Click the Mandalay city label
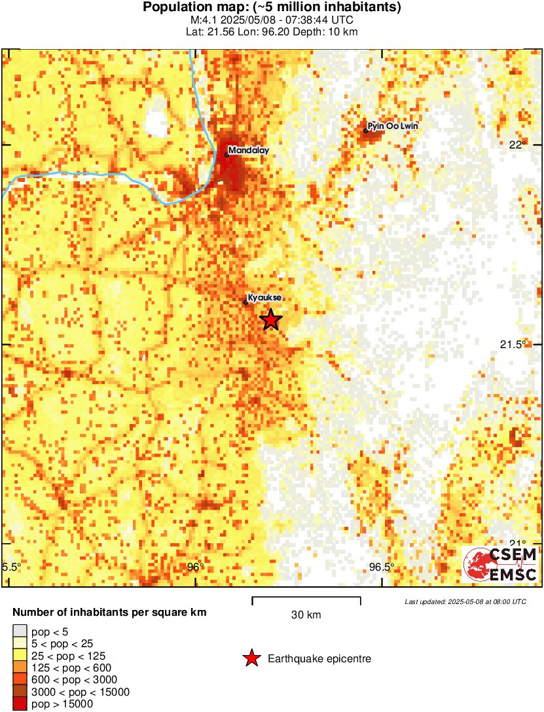[249, 151]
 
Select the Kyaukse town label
[265, 298]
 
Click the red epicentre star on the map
[271, 320]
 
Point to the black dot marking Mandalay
[227, 155]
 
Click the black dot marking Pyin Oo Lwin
[366, 131]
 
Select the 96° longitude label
[194, 567]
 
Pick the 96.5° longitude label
[382, 567]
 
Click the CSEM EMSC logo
[500, 565]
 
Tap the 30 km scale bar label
[306, 615]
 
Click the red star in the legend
[251, 658]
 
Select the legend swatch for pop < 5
[20, 632]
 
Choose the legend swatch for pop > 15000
[20, 704]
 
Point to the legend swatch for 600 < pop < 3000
[20, 680]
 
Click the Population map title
[272, 8]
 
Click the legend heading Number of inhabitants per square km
[110, 613]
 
